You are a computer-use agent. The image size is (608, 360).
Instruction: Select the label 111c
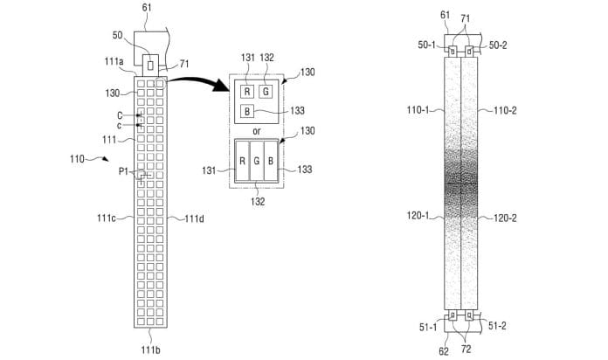click(x=114, y=218)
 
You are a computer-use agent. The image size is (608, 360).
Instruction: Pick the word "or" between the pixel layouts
click(x=256, y=132)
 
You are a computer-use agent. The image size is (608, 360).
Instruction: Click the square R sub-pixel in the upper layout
click(x=249, y=91)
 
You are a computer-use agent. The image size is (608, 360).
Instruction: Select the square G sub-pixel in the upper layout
click(x=266, y=91)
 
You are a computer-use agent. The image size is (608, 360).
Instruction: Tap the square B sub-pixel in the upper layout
click(x=249, y=111)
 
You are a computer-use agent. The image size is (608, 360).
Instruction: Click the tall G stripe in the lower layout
click(x=255, y=162)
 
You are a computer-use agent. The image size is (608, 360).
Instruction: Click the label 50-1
click(x=430, y=44)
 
